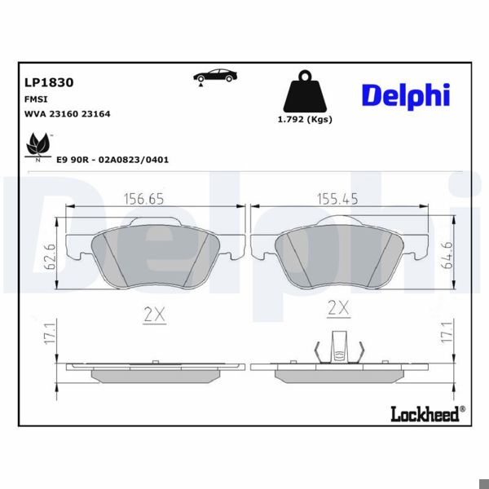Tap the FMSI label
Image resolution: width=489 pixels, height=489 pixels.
pyautogui.click(x=36, y=99)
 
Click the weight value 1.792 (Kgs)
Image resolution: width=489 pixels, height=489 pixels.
pyautogui.click(x=305, y=119)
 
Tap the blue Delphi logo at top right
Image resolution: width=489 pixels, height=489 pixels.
pyautogui.click(x=405, y=95)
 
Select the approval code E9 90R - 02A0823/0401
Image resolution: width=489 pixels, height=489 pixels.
pyautogui.click(x=112, y=160)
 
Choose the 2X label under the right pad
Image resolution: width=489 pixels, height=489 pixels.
pyautogui.click(x=337, y=308)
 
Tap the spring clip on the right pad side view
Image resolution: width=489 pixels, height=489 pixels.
pyautogui.click(x=337, y=350)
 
